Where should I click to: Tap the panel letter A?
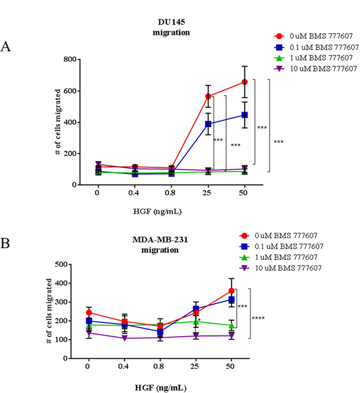[6, 46]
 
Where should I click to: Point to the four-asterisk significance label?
[258, 319]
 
